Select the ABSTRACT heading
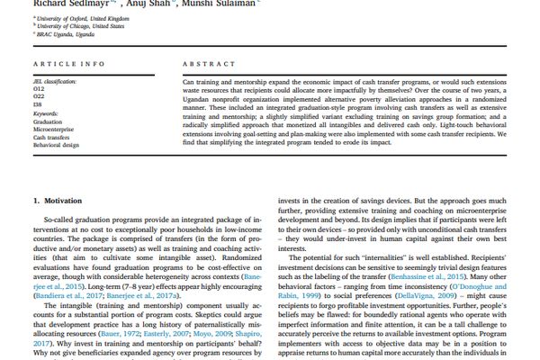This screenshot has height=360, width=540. click(209, 65)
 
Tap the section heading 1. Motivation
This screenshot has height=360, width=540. click(58, 201)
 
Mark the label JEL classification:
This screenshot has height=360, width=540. click(54, 82)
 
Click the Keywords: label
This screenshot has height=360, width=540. click(46, 114)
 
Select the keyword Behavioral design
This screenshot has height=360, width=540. click(57, 145)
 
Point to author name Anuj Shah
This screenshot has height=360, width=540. click(146, 3)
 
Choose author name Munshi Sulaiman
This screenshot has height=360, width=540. click(215, 3)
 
